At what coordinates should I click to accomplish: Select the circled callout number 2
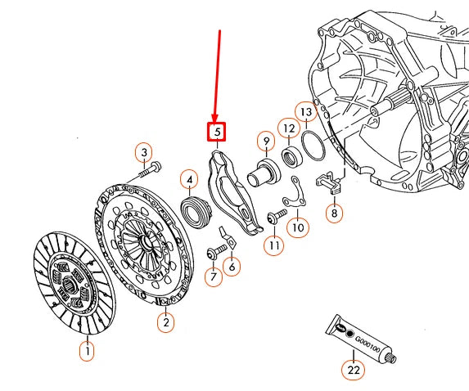165,323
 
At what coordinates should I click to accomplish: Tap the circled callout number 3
143,153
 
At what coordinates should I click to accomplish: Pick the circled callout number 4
189,179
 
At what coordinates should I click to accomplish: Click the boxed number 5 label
217,131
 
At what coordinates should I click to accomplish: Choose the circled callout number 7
212,277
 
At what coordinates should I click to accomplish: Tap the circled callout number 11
273,245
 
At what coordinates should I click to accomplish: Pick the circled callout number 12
288,128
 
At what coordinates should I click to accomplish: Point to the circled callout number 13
305,111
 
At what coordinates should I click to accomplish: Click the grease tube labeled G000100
361,335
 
